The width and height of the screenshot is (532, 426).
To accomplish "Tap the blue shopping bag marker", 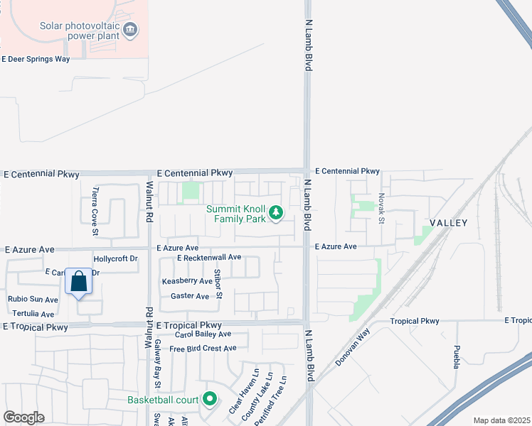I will tap(79, 281).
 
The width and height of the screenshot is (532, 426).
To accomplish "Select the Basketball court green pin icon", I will tap(209, 400).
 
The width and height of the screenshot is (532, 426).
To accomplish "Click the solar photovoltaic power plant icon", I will tap(130, 29).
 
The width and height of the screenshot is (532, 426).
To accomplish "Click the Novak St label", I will tap(381, 209).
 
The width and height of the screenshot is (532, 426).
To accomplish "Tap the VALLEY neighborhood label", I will tap(448, 223).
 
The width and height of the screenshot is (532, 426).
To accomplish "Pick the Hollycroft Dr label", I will tap(115, 259).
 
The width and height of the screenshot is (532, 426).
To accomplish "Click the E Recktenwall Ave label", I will tap(209, 257).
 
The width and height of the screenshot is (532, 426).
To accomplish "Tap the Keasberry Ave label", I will tap(187, 281).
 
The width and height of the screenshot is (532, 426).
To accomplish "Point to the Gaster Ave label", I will tap(190, 296).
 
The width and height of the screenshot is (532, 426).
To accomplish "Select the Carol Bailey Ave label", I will tap(203, 334).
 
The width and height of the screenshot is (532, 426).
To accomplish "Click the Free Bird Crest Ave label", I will tap(203, 349).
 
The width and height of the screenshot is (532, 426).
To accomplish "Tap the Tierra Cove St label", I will tap(96, 202).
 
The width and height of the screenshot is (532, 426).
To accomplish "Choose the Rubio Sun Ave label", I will tap(33, 299).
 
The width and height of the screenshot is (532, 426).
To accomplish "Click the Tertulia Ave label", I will tap(33, 314).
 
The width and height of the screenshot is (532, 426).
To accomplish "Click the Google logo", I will tap(23, 417).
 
